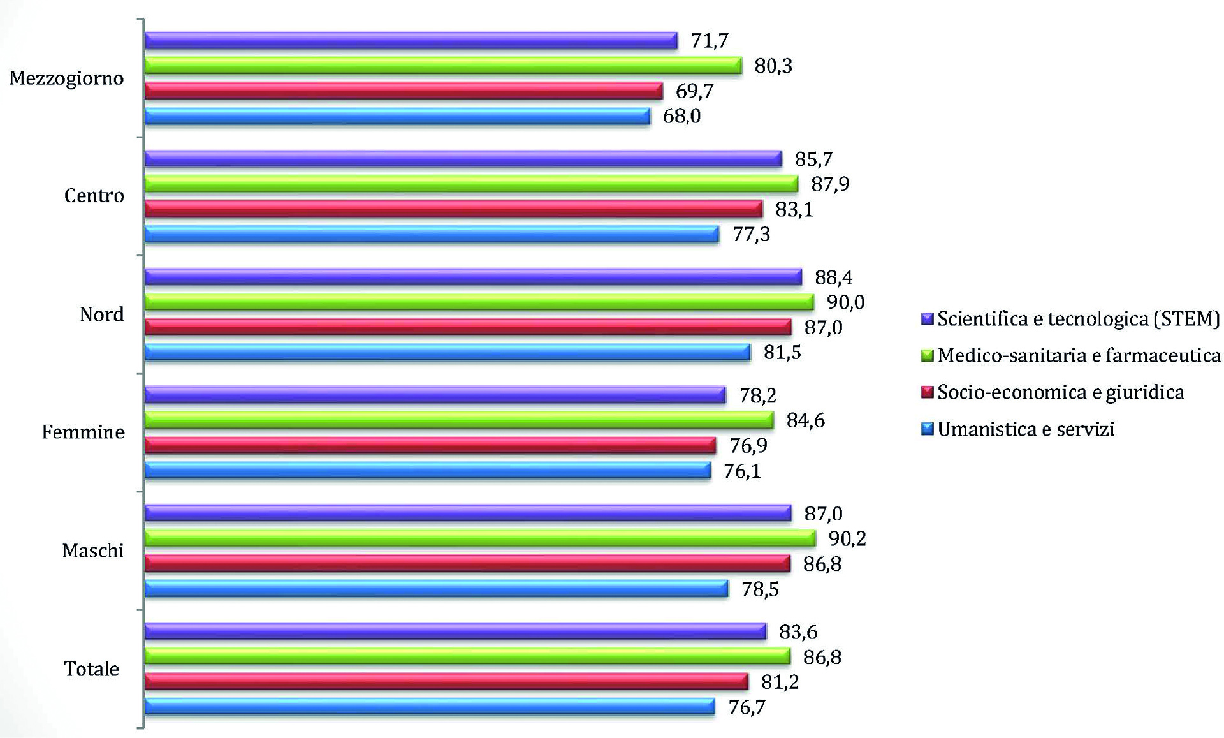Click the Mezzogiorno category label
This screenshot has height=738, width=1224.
coord(66,78)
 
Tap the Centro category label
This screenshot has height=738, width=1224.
coord(94,196)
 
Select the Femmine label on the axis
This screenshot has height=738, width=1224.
coord(83,432)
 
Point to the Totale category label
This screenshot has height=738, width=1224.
coord(91,669)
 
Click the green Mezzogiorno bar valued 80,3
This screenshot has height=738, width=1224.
coord(443,66)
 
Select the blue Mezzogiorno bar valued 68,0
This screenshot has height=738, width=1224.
coord(397,116)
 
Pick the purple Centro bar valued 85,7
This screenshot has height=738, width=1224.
coord(463,159)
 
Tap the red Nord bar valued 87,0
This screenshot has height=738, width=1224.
coord(468,327)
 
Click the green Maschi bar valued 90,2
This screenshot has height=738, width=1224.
coord(480,538)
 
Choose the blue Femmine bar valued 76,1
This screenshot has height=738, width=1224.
coord(427,471)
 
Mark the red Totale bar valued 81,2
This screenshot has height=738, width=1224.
coord(446,682)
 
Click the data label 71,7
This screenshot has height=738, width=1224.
coord(710,41)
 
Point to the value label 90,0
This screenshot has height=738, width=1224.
coord(846,302)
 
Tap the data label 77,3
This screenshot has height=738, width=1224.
coord(751,235)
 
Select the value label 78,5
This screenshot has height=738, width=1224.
coord(760,589)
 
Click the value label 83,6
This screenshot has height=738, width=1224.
coord(798,632)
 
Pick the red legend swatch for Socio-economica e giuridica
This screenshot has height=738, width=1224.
coord(928,392)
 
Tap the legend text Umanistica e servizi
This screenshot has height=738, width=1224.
coord(1026,429)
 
